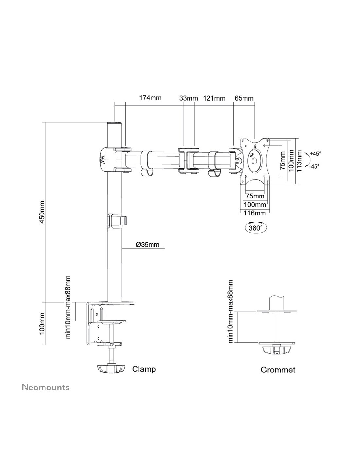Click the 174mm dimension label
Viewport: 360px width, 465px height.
(150, 98)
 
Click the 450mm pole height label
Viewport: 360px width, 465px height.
(42, 212)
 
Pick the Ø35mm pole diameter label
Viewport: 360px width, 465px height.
(148, 244)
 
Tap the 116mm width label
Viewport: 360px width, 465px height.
(255, 213)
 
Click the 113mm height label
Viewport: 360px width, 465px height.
(299, 161)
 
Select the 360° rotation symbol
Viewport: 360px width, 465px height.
(256, 227)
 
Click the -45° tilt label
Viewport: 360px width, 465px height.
(314, 166)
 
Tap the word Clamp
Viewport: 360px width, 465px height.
(144, 369)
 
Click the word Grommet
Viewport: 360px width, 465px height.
(278, 370)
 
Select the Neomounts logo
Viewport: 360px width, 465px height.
(46, 387)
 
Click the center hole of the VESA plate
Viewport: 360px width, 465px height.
(254, 161)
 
